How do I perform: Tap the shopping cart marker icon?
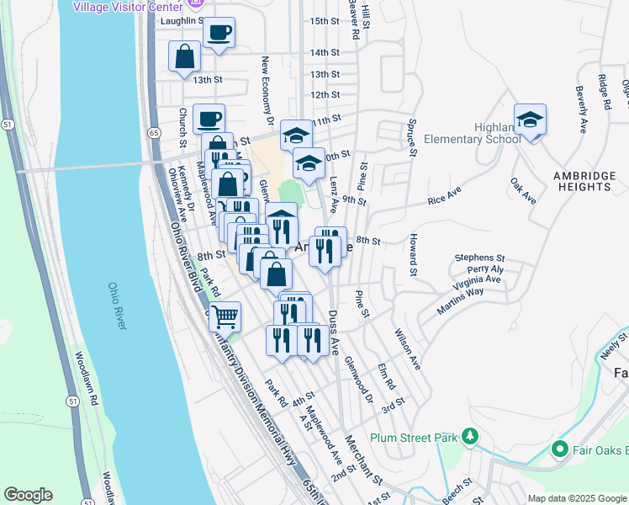pos(225,316)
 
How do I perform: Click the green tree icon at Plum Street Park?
pos(472,435)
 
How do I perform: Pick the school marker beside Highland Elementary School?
pos(531,120)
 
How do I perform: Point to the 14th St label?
pos(324,52)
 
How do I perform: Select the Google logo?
pos(28,495)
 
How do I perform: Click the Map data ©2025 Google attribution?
pos(576,498)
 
